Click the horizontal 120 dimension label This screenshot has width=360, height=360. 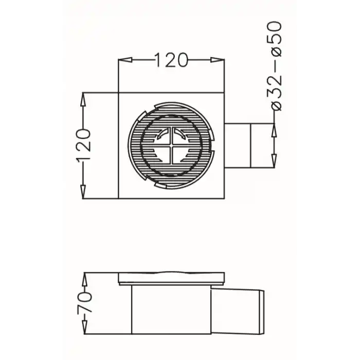(171, 60)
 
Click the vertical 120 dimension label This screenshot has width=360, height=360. (83, 146)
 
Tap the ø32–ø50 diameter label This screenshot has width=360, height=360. (276, 66)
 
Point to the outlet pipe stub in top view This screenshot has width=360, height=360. (237, 146)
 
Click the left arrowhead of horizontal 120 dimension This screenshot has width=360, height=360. (123, 60)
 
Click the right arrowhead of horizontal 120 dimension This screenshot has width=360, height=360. (220, 60)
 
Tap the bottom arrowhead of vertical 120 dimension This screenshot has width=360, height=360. (83, 192)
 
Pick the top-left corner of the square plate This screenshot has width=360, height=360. (119, 93)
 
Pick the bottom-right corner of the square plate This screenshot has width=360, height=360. (224, 198)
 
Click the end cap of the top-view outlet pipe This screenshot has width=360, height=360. (259, 146)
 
